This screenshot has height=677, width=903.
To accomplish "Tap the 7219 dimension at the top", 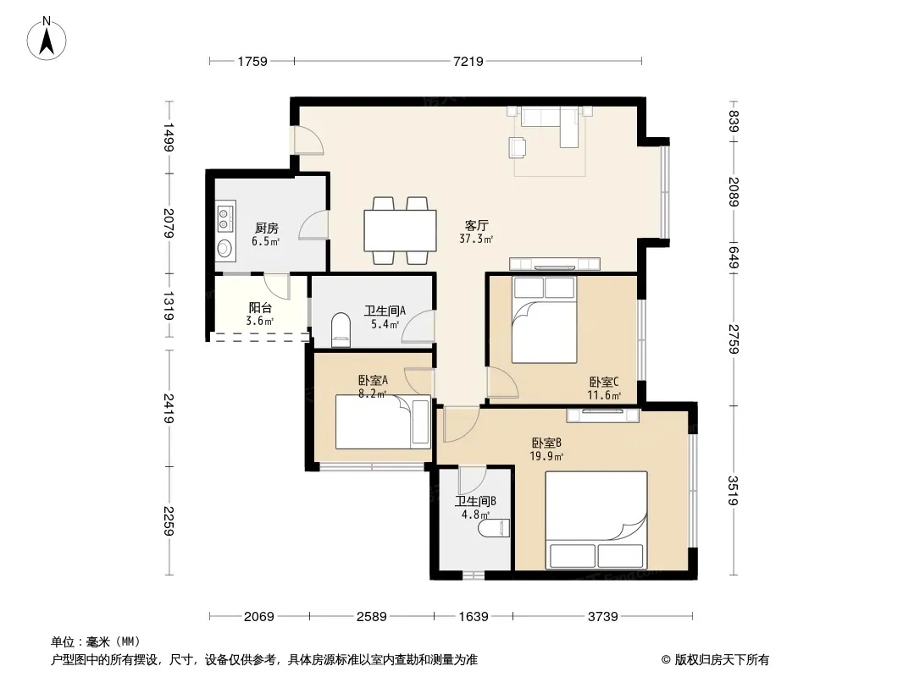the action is click(x=468, y=61).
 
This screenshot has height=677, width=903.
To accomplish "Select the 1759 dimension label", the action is click(x=252, y=61).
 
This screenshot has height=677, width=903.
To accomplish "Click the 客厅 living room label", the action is click(x=476, y=225).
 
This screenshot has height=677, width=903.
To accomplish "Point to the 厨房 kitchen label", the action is click(x=267, y=228).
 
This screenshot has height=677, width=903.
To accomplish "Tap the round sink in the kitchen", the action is click(x=224, y=249).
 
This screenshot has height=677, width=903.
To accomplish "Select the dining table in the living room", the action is click(x=400, y=231).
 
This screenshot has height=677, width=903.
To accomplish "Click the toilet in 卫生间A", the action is click(x=341, y=330).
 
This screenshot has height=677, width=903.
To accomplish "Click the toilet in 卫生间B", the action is click(x=496, y=529).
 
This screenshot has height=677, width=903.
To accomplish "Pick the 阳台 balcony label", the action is click(x=260, y=308).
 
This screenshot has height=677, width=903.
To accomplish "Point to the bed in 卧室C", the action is click(x=544, y=320).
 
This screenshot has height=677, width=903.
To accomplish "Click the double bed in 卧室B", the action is click(x=596, y=520).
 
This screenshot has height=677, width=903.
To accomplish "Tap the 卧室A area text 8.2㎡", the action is click(x=372, y=394).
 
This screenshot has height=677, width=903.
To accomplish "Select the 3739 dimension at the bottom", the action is click(x=602, y=617).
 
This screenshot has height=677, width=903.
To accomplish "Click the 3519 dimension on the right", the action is click(x=733, y=491).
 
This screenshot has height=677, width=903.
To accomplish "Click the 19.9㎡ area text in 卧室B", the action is click(x=546, y=457).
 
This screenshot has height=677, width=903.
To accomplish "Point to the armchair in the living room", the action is click(x=518, y=146).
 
